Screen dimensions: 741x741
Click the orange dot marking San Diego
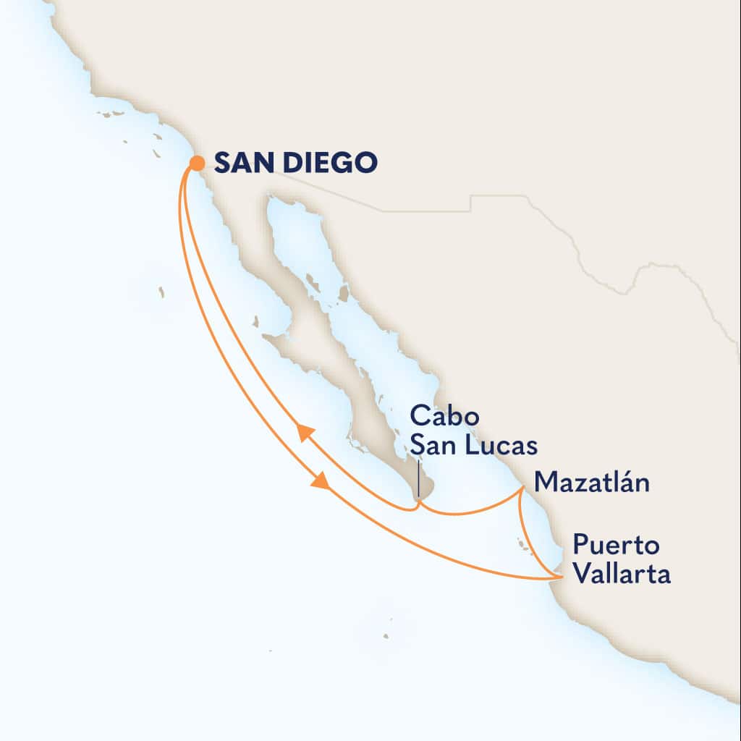pyautogui.click(x=197, y=164)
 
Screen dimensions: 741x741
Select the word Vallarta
pyautogui.click(x=620, y=575)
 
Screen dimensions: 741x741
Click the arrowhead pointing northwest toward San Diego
pyautogui.click(x=306, y=433)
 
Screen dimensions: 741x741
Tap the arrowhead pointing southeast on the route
pyautogui.click(x=320, y=480)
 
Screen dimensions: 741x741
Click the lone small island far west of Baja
pyautogui.click(x=161, y=292)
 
